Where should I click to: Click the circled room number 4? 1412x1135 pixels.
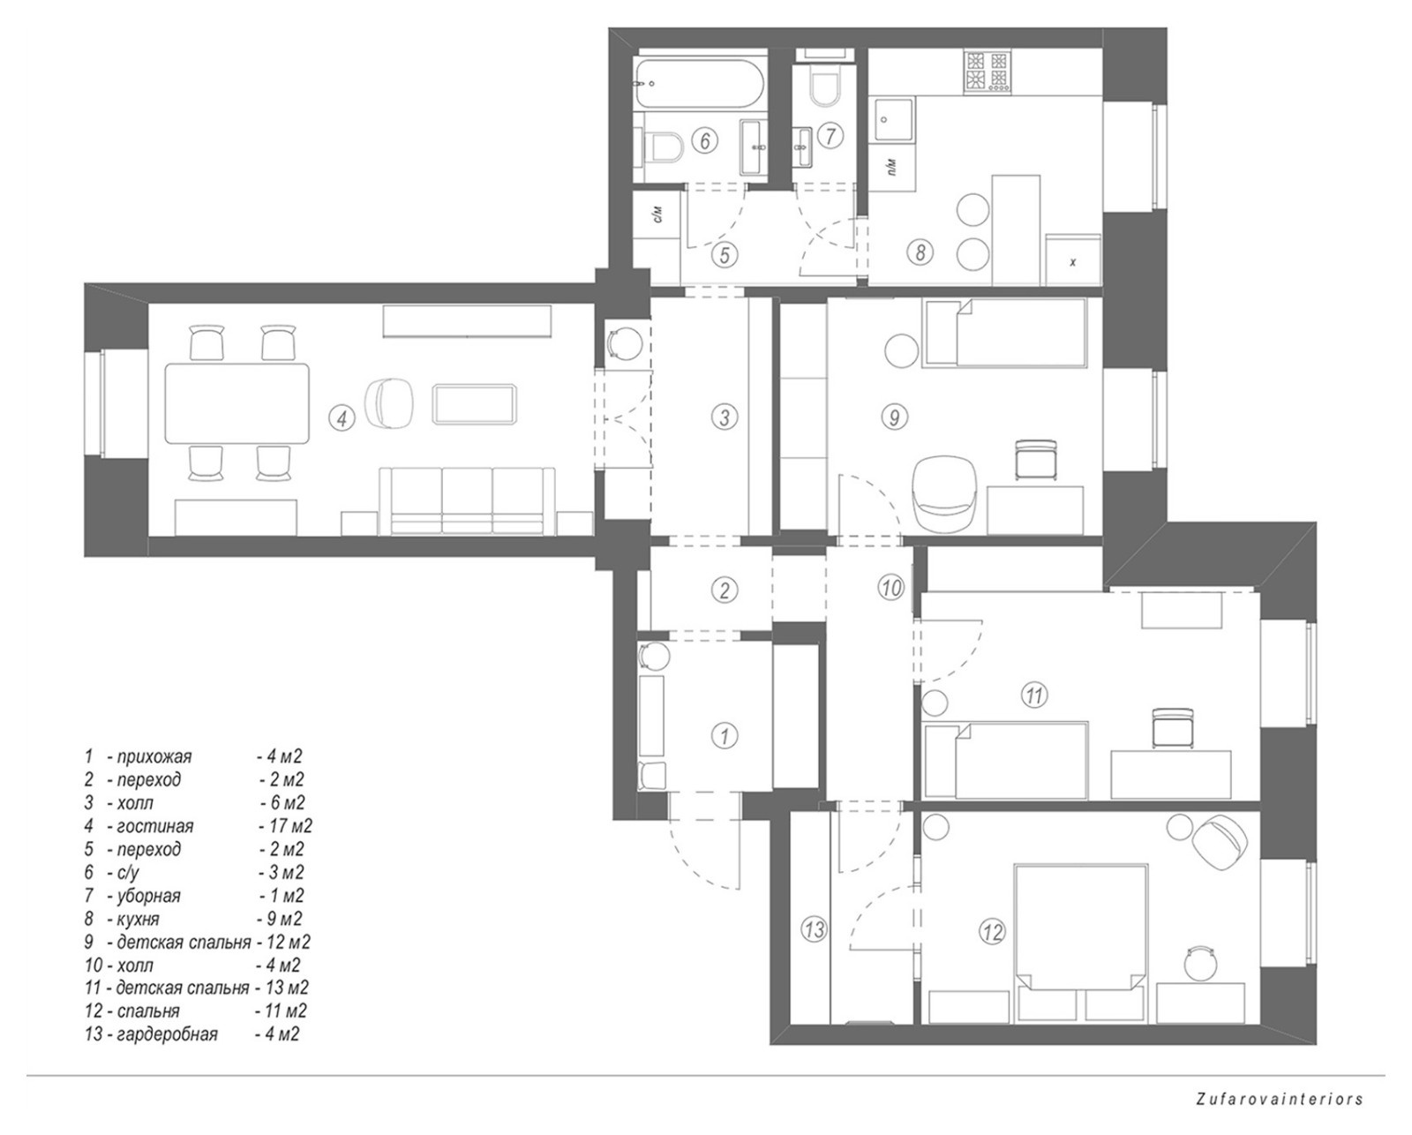click(342, 418)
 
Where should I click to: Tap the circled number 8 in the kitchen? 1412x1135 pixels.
click(920, 252)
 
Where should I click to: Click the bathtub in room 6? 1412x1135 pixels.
click(700, 85)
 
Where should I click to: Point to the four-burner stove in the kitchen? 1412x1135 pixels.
click(986, 71)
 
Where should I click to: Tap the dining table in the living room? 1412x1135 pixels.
click(237, 403)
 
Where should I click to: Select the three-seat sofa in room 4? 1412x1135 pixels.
click(467, 500)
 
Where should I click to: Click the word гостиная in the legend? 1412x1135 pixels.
click(155, 826)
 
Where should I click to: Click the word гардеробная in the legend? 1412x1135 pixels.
click(167, 1034)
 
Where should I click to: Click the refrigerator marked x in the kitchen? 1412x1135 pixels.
click(1073, 260)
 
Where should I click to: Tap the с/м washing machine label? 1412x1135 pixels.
click(658, 214)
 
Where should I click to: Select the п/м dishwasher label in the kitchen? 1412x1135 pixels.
click(892, 168)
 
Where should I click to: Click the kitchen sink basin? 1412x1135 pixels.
click(893, 119)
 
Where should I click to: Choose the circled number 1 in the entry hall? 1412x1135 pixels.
click(725, 736)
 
